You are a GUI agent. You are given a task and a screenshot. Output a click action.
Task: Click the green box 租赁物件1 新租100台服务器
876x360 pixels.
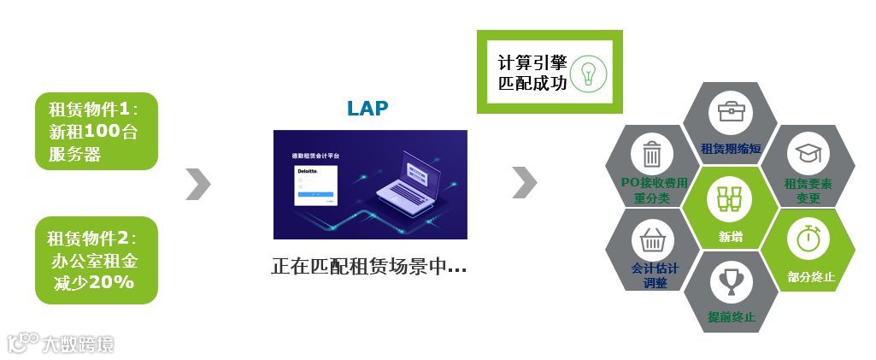click(97, 132)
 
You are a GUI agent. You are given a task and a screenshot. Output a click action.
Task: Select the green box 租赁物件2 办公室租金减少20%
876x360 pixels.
click(97, 260)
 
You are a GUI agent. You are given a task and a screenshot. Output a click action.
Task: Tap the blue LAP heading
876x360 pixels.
click(367, 109)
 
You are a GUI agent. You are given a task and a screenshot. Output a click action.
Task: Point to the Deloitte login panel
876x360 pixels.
click(316, 186)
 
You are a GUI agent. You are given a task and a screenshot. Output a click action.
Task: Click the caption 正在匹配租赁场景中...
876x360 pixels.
click(369, 266)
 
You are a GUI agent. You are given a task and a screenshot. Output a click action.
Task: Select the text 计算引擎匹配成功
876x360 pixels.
click(532, 73)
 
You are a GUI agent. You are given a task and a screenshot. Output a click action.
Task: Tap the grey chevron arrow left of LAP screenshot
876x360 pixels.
click(197, 184)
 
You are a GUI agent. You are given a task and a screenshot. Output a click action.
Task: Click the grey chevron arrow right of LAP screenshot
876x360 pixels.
click(524, 180)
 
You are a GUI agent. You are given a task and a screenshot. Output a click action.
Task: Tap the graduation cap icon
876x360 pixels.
click(808, 155)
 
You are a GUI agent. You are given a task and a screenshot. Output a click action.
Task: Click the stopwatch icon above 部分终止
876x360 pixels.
click(808, 237)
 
